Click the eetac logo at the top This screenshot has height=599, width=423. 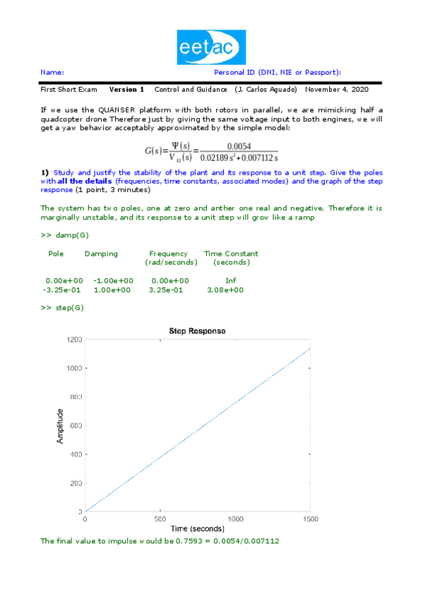click(x=211, y=47)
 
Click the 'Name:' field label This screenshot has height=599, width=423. click(x=52, y=73)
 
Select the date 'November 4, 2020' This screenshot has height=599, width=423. click(x=336, y=90)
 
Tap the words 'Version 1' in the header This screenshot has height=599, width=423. click(x=126, y=90)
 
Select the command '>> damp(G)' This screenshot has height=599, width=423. click(x=64, y=234)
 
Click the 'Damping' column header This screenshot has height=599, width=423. click(x=101, y=254)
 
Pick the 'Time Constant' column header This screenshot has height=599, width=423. click(x=231, y=254)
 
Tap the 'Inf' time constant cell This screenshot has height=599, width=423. click(x=230, y=280)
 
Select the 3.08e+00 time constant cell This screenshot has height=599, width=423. click(x=225, y=290)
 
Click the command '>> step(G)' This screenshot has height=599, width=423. click(x=62, y=308)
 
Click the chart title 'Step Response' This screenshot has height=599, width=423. click(x=197, y=331)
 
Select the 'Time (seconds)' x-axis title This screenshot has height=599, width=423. click(x=197, y=528)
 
